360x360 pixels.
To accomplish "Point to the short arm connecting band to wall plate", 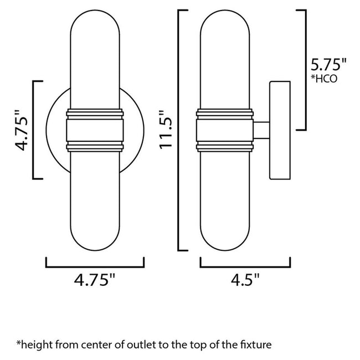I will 261,131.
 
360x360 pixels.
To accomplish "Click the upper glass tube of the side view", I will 225,61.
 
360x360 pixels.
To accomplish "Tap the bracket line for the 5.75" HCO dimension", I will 305,69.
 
